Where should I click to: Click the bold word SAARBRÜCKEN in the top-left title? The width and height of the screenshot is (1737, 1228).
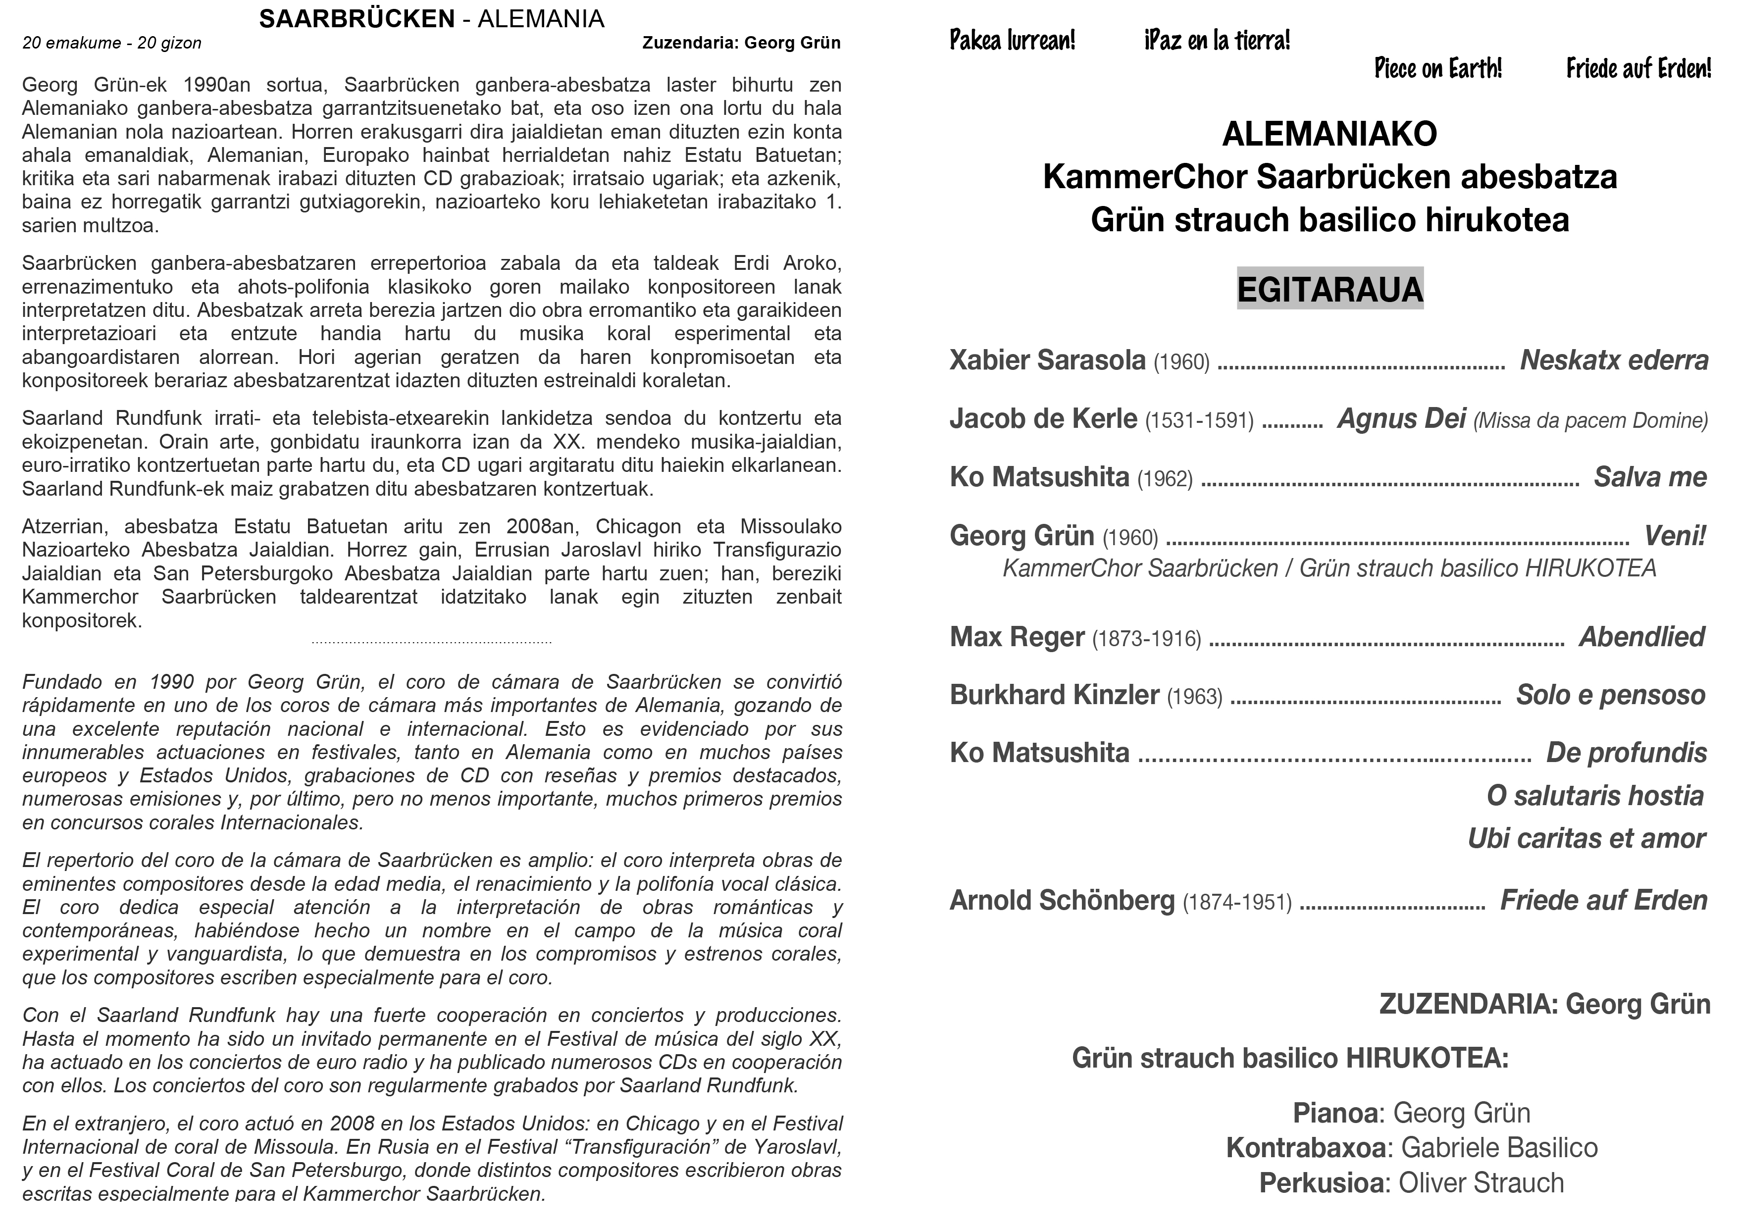(x=357, y=19)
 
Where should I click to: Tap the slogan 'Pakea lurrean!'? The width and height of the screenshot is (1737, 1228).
(x=1012, y=40)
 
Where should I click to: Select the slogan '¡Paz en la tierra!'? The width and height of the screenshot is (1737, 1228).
(x=1217, y=40)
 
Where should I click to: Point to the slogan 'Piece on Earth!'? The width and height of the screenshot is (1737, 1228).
(x=1437, y=69)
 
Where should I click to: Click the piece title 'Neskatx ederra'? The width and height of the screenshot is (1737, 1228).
(x=1614, y=360)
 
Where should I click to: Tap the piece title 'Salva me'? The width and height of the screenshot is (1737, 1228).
(x=1650, y=477)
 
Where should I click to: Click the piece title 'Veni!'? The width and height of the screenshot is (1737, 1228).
(x=1675, y=536)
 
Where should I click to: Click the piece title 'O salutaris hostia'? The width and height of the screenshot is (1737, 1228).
(x=1595, y=796)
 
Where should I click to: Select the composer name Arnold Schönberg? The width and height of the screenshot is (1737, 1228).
(x=1062, y=900)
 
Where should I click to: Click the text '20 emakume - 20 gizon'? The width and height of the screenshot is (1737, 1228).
(x=112, y=43)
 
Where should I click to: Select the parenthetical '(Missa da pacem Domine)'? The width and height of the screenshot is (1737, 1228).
(x=1590, y=421)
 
